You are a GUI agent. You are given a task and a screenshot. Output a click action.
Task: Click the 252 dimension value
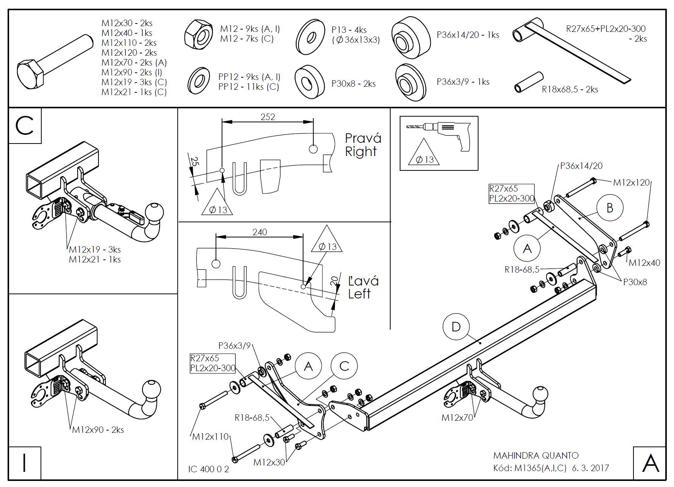(267, 117)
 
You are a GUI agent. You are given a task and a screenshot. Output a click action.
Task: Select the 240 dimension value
(260, 232)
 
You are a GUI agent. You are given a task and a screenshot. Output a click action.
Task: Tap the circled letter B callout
(610, 208)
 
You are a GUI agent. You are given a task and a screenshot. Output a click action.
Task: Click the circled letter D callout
(456, 327)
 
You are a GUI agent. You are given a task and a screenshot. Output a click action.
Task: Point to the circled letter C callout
(344, 366)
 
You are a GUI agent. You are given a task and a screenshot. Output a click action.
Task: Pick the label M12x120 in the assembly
(631, 183)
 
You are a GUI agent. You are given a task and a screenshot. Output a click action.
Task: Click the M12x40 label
(644, 262)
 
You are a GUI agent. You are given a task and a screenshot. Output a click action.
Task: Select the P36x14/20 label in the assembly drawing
(581, 165)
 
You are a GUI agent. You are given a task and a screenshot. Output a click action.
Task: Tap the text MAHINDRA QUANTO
(536, 456)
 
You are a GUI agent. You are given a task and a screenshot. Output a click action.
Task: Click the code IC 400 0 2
(209, 469)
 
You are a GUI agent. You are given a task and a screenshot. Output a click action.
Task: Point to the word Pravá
(363, 138)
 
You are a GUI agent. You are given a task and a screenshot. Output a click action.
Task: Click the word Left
(359, 294)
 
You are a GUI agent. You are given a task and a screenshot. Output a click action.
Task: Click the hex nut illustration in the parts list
(199, 35)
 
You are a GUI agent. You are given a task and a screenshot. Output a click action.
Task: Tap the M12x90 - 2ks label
(98, 430)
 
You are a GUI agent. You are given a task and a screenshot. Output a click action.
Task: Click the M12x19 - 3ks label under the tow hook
(95, 250)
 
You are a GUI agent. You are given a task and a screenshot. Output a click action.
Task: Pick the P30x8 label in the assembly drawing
(635, 282)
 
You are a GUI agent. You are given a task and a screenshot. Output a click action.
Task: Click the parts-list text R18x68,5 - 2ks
(570, 90)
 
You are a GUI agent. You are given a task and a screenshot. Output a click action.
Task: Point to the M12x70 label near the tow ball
(457, 418)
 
